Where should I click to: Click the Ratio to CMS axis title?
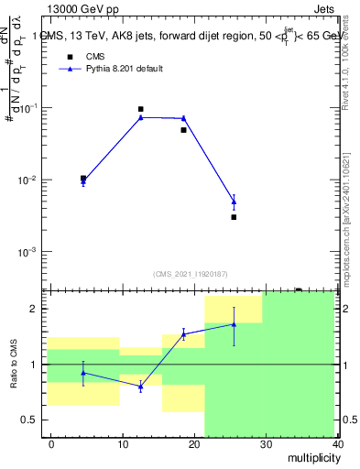[x=13, y=364]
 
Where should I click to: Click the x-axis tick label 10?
[x=122, y=444]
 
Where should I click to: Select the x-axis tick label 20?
[x=193, y=444]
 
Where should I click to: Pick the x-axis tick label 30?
[x=265, y=444]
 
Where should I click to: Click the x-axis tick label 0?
[x=51, y=444]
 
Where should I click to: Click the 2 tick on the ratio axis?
[x=37, y=309]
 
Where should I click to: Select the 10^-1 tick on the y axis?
[x=29, y=108]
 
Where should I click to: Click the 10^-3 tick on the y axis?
[x=29, y=251]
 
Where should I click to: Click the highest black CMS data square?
[x=140, y=109]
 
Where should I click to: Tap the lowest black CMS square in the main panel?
[x=234, y=217]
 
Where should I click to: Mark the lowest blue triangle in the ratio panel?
[x=140, y=387]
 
